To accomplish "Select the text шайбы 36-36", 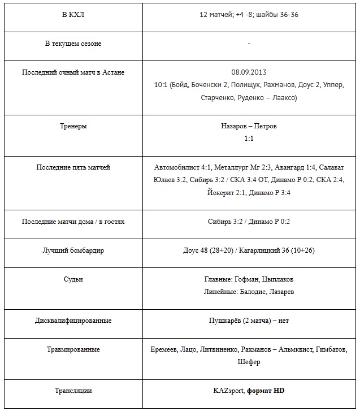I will coord(279,15).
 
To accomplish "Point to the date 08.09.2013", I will coord(249,72).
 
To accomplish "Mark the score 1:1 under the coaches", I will coord(249,138).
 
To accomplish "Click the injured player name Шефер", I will coord(249,362).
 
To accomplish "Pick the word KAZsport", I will coord(228,391).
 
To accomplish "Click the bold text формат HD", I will coord(266,391).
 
